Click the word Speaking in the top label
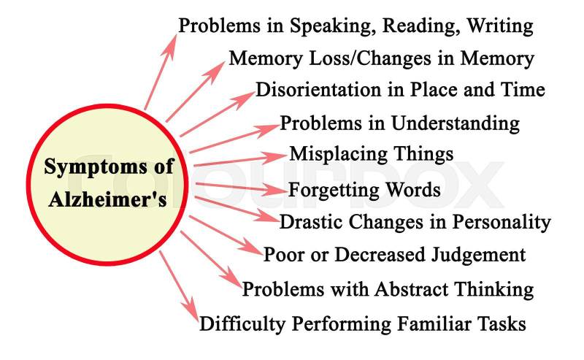[x=325, y=27]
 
